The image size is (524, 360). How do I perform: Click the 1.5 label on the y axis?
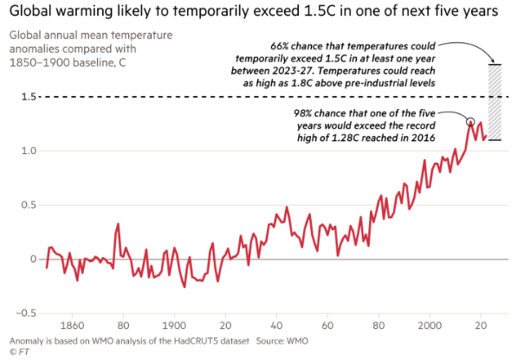pos(29,97)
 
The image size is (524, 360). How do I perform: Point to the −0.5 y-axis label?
pos(26,313)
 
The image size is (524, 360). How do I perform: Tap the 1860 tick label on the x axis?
pos(72,325)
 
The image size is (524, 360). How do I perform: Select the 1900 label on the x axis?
pos(174,325)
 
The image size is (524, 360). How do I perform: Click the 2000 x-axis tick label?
pos(430,325)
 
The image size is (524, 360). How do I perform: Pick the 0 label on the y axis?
pos(33,259)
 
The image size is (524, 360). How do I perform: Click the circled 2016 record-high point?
pos(470,121)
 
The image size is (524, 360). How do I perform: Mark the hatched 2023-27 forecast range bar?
pos(495,102)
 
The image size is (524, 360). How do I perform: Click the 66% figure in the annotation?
pos(280,46)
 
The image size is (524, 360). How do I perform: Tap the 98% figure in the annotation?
pos(303,113)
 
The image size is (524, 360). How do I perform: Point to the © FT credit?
pos(19,351)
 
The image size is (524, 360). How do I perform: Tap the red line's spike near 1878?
pos(118,224)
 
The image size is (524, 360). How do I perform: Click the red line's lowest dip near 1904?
pos(184,286)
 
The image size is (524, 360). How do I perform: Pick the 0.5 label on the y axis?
pos(29,205)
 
